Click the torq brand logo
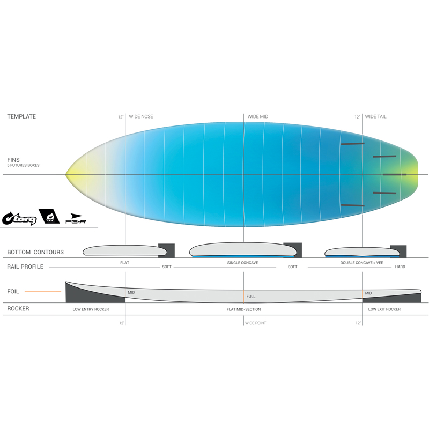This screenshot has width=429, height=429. [19, 218]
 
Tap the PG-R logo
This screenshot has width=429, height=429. [76, 219]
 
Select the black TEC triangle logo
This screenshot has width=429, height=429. [49, 216]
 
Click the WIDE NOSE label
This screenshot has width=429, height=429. [141, 116]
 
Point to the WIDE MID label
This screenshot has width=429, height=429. [258, 116]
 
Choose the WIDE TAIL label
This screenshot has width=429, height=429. [376, 116]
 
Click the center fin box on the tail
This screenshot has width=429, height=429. [395, 175]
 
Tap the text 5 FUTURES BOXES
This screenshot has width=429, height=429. [23, 165]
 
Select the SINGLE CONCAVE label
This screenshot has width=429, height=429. [242, 263]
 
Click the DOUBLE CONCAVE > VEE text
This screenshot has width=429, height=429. [361, 263]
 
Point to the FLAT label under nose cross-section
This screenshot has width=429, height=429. [124, 263]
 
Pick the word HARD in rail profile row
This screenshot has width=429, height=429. [400, 267]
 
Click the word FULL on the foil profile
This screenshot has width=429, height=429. [250, 297]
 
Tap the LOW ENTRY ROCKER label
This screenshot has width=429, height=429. [91, 309]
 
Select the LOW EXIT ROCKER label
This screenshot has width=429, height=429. [384, 309]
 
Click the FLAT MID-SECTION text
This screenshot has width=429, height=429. [243, 309]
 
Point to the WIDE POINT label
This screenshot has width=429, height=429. [256, 323]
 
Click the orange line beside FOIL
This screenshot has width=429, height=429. [43, 291]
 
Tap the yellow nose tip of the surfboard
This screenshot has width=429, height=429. [66, 174]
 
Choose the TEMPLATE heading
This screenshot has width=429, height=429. [21, 116]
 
